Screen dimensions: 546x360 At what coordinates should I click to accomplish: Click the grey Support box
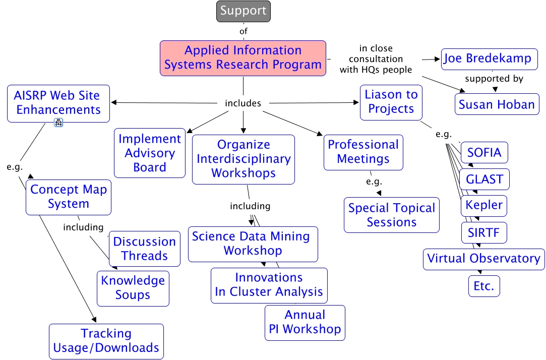click(x=244, y=11)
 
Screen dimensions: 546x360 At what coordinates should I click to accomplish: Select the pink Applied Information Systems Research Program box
click(x=243, y=58)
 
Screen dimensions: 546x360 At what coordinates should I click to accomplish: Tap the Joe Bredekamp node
click(x=490, y=59)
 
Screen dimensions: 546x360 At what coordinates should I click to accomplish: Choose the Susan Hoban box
click(x=497, y=104)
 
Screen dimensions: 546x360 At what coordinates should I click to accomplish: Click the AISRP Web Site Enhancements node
click(x=58, y=103)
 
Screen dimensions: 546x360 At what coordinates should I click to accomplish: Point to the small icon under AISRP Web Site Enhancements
click(x=58, y=123)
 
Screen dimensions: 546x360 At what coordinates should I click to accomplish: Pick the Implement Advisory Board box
click(x=150, y=153)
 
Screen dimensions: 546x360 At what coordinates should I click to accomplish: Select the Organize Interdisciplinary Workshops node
click(x=244, y=159)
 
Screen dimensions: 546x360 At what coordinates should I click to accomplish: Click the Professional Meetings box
click(x=363, y=152)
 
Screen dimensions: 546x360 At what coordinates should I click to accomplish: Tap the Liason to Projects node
click(x=391, y=102)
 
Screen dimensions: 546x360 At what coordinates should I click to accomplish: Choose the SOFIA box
click(x=484, y=152)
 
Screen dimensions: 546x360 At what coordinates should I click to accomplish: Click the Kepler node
click(x=484, y=206)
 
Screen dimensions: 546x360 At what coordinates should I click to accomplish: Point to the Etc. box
click(x=484, y=286)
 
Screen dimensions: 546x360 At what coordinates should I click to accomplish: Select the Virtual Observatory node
click(x=483, y=259)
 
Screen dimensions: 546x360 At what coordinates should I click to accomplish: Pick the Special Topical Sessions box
click(x=392, y=215)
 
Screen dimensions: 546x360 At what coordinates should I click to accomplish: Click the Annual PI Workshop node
click(x=305, y=323)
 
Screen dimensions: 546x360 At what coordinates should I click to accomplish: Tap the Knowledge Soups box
click(x=133, y=288)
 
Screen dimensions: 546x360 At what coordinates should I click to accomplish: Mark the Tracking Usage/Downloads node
click(x=106, y=341)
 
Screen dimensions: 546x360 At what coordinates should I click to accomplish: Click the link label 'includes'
click(x=243, y=103)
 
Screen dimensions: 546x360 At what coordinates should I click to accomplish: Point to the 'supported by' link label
click(x=494, y=79)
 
